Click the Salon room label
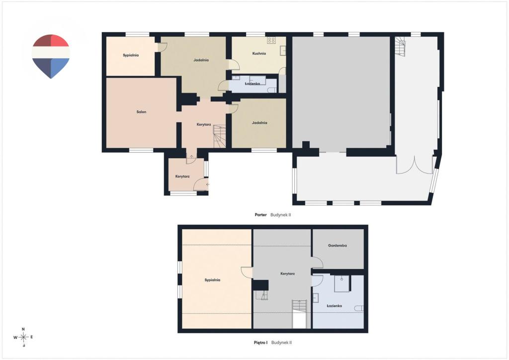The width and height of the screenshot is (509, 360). click(x=141, y=112)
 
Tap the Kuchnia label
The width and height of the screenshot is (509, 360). click(x=259, y=53)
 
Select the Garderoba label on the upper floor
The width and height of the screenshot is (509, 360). click(x=338, y=246)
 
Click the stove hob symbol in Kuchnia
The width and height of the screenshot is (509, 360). click(x=271, y=40)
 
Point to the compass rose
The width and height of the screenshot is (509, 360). click(x=23, y=337)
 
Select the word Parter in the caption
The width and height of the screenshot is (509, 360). click(x=260, y=215)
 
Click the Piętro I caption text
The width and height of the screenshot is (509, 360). click(x=260, y=342)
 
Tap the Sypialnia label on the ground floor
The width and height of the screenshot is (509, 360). click(x=131, y=55)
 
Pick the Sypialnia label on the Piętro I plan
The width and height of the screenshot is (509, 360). click(x=212, y=280)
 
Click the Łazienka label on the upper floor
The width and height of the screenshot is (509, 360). click(x=334, y=306)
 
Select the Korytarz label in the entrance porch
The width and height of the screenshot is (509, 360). click(x=182, y=176)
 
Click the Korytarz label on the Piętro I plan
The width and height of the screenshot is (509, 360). click(x=288, y=273)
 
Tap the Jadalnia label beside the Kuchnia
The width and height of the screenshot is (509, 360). click(x=201, y=60)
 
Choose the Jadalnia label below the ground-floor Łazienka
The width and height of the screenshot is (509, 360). click(x=259, y=123)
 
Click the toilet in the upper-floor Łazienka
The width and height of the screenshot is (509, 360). click(x=359, y=308)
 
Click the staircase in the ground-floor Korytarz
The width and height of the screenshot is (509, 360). click(x=219, y=136)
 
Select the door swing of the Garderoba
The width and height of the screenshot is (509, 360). click(x=317, y=262)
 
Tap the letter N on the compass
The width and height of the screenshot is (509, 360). click(x=23, y=329)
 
